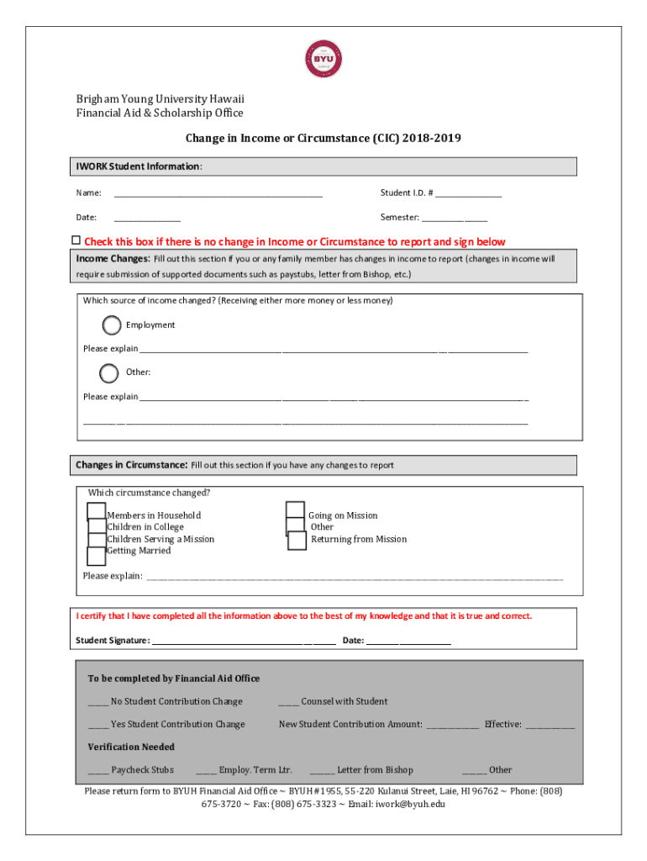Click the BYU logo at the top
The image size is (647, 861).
(x=324, y=60)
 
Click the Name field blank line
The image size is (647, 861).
(x=218, y=195)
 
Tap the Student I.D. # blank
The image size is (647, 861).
(x=468, y=195)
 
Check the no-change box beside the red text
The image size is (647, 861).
(x=76, y=240)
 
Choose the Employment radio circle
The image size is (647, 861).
(x=112, y=325)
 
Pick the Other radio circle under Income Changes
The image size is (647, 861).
(x=109, y=372)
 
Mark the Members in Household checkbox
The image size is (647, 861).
(x=96, y=512)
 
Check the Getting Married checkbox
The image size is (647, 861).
(x=96, y=555)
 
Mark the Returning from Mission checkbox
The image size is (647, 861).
(x=297, y=541)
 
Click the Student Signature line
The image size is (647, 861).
(x=244, y=642)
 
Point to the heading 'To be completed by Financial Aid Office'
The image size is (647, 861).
(x=174, y=679)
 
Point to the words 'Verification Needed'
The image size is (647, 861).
(x=131, y=747)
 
